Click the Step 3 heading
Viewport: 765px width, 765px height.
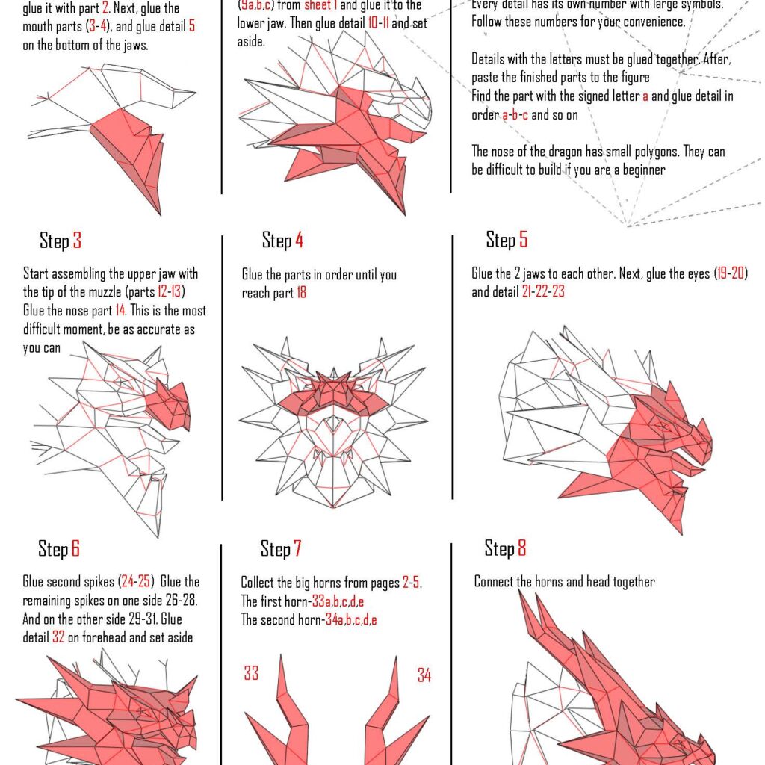(x=61, y=241)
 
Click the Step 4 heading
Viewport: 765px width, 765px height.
(x=282, y=241)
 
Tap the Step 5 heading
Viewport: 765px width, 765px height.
(x=507, y=240)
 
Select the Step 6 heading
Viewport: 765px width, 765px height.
(x=59, y=550)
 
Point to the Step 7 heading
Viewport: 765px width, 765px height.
(x=281, y=550)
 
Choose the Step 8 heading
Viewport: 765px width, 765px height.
(x=505, y=549)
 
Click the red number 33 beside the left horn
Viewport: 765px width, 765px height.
(x=251, y=674)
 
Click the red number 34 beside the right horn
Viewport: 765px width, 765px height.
(x=424, y=675)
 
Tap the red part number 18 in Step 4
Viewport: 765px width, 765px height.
(x=301, y=294)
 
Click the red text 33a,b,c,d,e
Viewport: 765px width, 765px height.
(x=344, y=601)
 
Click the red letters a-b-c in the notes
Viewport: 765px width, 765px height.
(x=515, y=115)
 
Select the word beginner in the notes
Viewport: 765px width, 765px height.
(x=639, y=170)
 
